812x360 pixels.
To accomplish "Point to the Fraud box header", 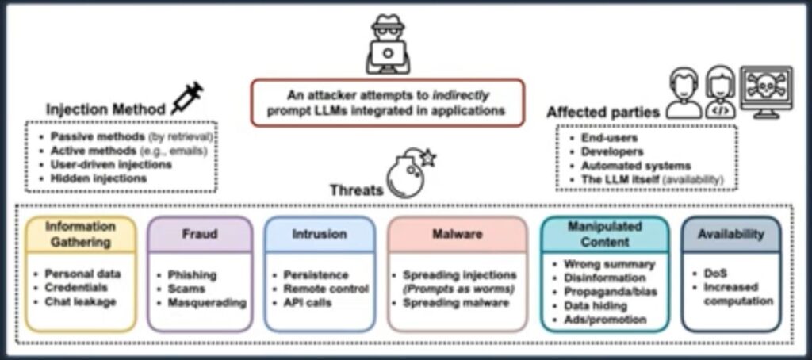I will click(200, 234).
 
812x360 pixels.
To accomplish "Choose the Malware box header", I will click(457, 234).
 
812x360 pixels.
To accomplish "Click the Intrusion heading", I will click(319, 234).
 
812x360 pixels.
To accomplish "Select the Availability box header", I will click(730, 234).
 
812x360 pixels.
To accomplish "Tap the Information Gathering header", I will click(78, 234).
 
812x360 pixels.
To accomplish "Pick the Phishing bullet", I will click(192, 274).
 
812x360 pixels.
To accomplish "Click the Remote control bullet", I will click(326, 289).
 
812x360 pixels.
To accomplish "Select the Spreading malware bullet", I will click(450, 302).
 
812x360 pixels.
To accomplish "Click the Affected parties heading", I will click(603, 113).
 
